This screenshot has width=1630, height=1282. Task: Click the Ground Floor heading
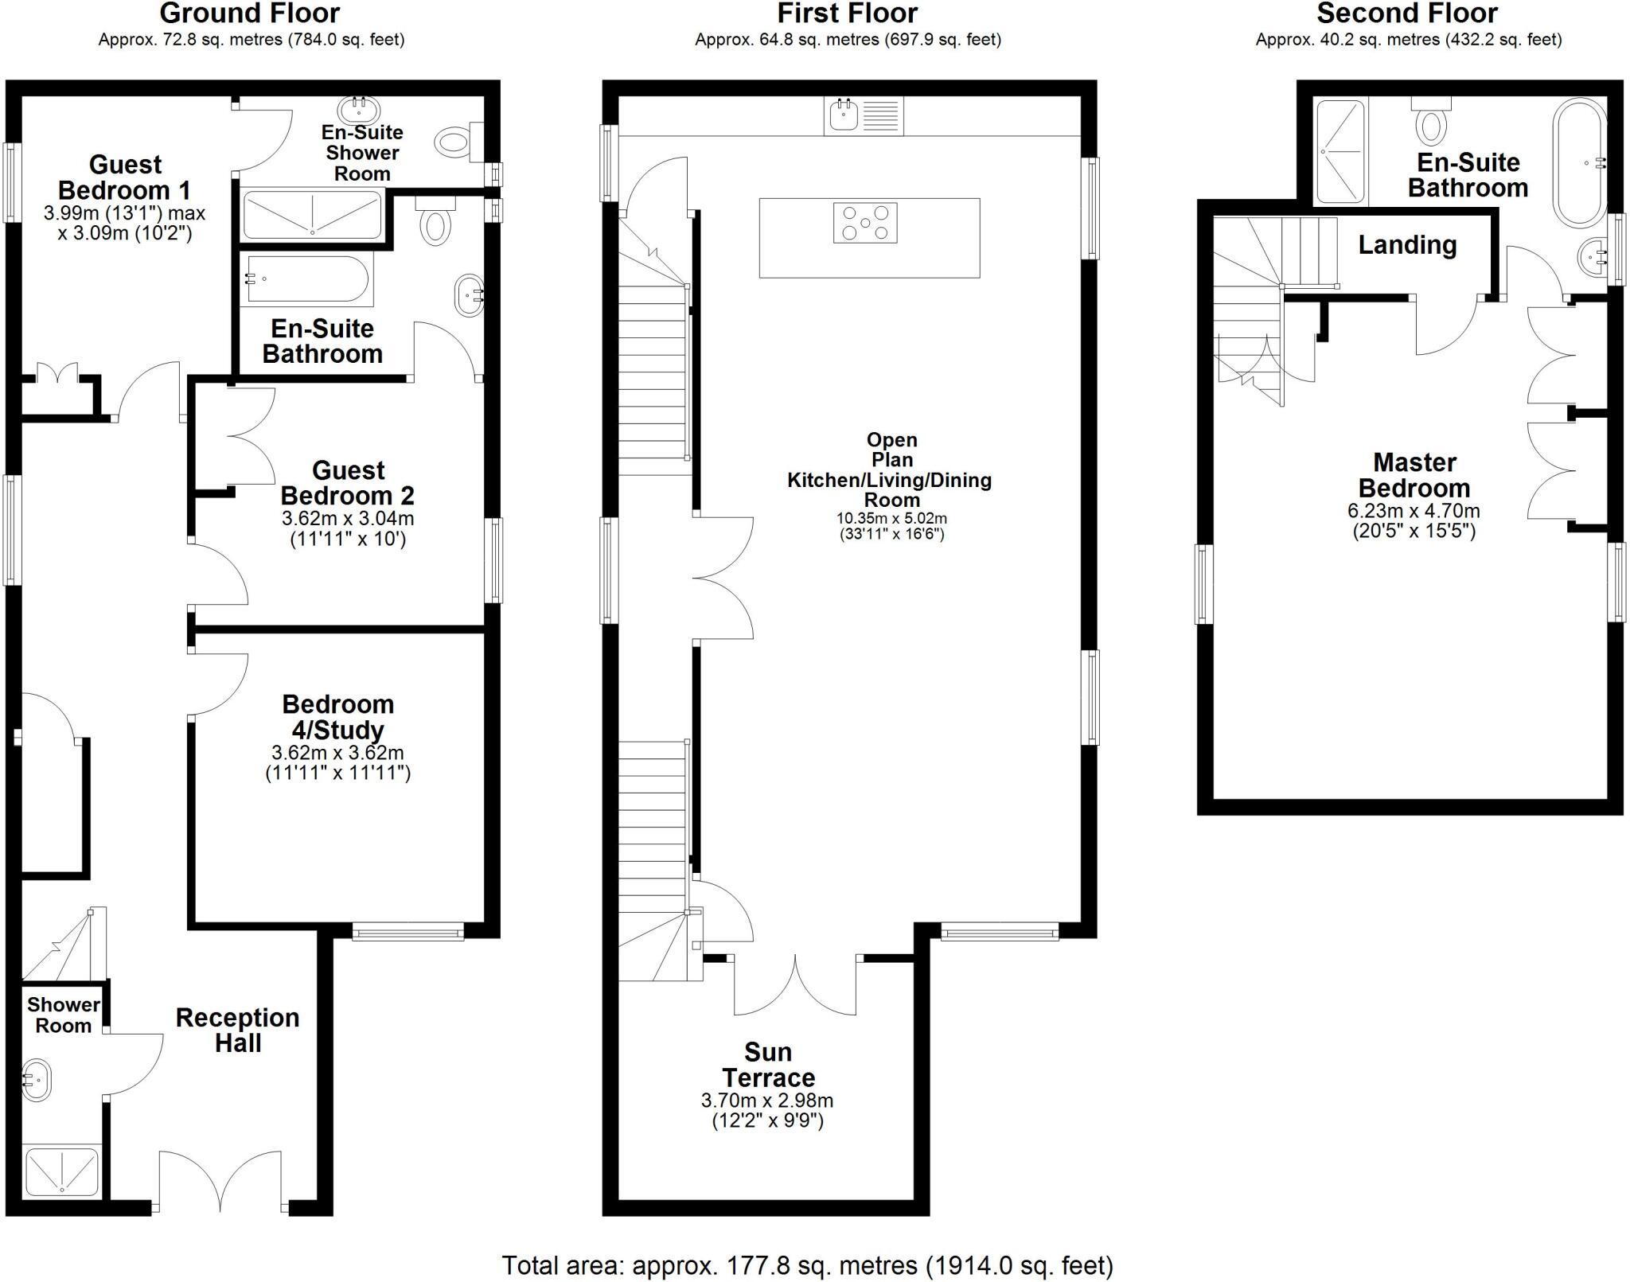(249, 14)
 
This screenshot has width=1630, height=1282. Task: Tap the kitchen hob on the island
(864, 223)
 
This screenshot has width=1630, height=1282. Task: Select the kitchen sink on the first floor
(843, 116)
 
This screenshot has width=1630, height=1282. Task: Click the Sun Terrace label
(767, 1065)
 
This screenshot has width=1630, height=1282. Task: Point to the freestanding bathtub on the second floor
(1580, 162)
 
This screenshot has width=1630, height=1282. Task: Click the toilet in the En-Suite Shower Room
(454, 142)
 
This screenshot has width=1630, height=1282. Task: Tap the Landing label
(1406, 245)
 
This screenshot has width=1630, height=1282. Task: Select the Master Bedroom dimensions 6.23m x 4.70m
(1414, 512)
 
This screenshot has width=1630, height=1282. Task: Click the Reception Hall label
(237, 1030)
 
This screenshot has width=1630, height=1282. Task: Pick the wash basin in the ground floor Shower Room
(36, 1080)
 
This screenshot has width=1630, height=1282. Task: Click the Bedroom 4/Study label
(337, 716)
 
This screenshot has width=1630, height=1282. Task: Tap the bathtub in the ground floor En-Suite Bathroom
(306, 279)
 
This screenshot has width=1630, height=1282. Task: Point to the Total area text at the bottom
(806, 1264)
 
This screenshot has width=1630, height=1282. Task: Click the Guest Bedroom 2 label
(347, 482)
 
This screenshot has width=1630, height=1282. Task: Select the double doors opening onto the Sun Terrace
(794, 985)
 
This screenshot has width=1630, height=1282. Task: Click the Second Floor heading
(1406, 14)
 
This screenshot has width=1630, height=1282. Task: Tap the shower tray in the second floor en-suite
(1339, 150)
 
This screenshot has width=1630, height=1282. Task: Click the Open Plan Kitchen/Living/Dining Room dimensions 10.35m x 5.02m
(891, 518)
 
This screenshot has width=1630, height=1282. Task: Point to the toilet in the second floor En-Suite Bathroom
(1431, 124)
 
